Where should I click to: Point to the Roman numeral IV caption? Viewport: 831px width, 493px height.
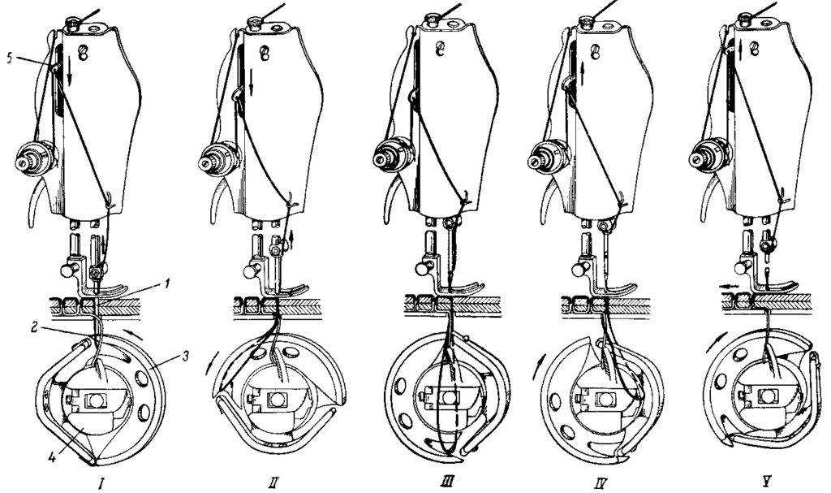(601, 483)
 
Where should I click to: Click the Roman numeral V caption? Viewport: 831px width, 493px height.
(766, 483)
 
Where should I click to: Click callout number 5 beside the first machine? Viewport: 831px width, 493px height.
(10, 58)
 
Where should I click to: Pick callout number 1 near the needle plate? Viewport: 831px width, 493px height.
(167, 285)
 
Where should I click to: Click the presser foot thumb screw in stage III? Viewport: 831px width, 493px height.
(422, 269)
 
